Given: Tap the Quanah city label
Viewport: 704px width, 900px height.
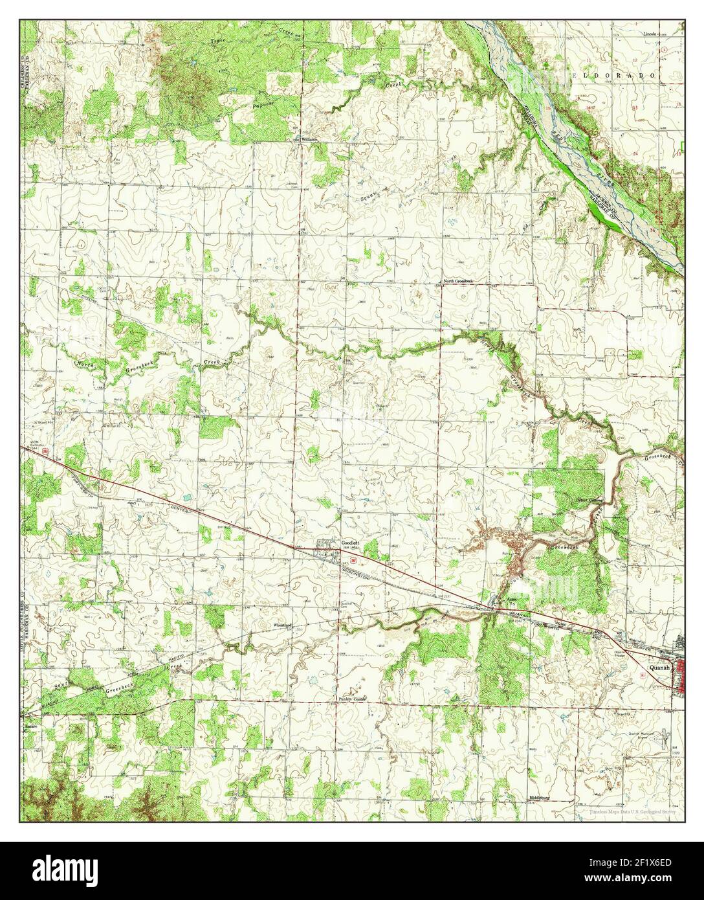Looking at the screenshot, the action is tap(659, 665).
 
